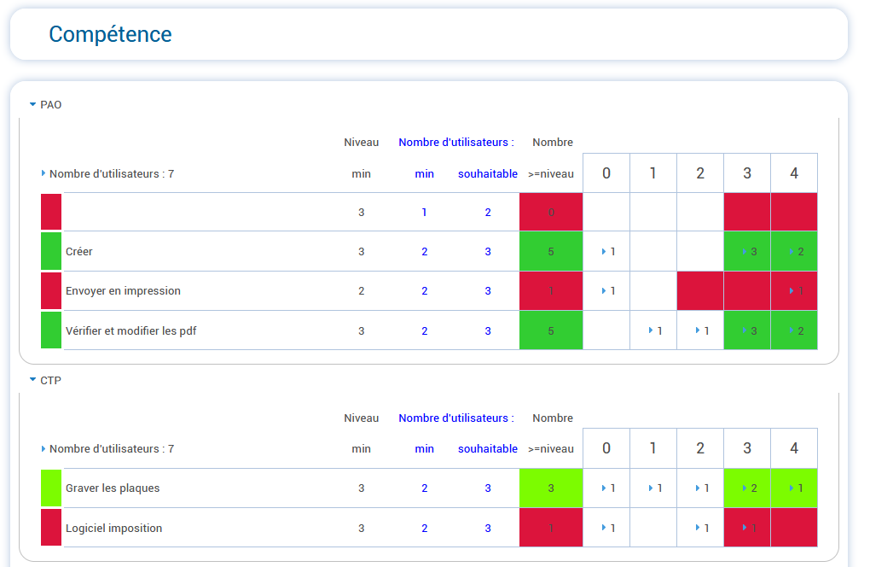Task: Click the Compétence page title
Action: click(x=110, y=34)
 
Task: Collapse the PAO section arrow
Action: click(x=32, y=105)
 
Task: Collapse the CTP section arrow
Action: click(x=32, y=380)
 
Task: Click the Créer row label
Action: click(x=79, y=252)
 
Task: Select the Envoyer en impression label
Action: click(x=123, y=291)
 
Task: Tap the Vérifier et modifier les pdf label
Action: click(x=130, y=330)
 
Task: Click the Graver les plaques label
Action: click(x=113, y=488)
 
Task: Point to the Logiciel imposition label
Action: click(x=113, y=528)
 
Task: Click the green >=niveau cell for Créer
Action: click(x=551, y=252)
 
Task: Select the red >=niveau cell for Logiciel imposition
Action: click(x=551, y=528)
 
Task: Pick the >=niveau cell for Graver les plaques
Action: click(x=551, y=488)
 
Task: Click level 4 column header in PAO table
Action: click(x=794, y=173)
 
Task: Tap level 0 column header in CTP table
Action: click(x=606, y=448)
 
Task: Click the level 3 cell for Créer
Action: click(x=747, y=252)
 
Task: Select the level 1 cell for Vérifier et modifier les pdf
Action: click(x=653, y=330)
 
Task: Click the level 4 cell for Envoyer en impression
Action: click(x=794, y=291)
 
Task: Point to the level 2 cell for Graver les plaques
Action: click(x=700, y=488)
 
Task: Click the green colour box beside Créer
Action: click(x=51, y=252)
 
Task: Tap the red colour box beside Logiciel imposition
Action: click(x=51, y=528)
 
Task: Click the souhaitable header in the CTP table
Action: click(x=488, y=448)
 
